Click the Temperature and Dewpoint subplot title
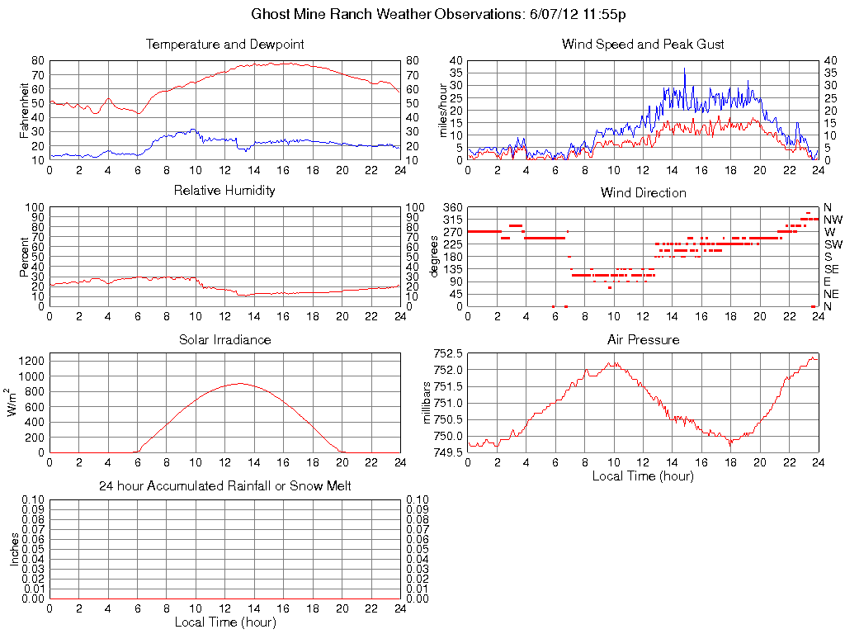(x=225, y=44)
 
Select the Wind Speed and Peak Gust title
(x=643, y=44)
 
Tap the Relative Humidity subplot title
(x=225, y=191)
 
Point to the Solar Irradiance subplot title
(x=225, y=339)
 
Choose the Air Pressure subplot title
(x=643, y=339)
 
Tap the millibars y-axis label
(x=427, y=403)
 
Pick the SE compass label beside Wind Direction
(x=832, y=269)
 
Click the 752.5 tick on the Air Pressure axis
(x=449, y=353)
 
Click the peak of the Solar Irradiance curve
(x=239, y=383)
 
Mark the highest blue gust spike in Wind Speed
(x=684, y=69)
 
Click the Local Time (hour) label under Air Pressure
(x=643, y=475)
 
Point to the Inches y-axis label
(x=15, y=549)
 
